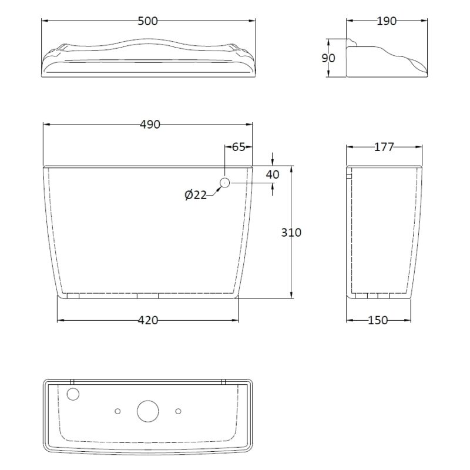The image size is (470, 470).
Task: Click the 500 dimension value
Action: point(147,21)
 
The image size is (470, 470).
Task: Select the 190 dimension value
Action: point(387,21)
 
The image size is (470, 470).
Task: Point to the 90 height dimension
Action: point(328,58)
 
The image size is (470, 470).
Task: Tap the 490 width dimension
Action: point(150,125)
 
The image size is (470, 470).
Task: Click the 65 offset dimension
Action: point(239,147)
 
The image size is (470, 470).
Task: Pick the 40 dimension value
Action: point(273,174)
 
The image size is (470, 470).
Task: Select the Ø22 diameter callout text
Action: point(196,195)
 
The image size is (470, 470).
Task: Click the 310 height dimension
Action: point(291,232)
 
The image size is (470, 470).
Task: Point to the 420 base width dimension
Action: point(148,320)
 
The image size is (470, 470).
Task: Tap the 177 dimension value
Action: point(384,147)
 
